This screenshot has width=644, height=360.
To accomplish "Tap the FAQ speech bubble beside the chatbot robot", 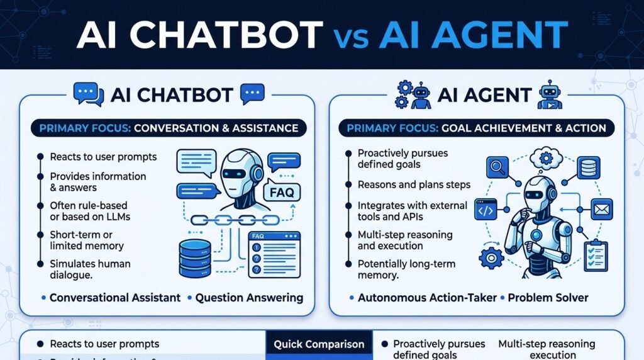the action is pyautogui.click(x=282, y=191).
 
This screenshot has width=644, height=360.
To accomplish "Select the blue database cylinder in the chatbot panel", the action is pyautogui.click(x=195, y=258).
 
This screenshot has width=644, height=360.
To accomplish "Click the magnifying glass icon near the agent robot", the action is pyautogui.click(x=497, y=167).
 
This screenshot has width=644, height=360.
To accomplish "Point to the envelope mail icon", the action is pyautogui.click(x=602, y=209).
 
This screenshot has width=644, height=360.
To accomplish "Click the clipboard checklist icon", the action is pyautogui.click(x=596, y=256).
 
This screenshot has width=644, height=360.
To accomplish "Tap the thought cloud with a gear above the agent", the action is pyautogui.click(x=546, y=158).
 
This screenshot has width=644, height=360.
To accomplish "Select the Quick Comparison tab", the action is pyautogui.click(x=319, y=344).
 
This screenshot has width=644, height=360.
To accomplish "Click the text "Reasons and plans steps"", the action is pyautogui.click(x=414, y=185).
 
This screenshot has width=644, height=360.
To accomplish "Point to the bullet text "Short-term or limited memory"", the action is pyautogui.click(x=87, y=240).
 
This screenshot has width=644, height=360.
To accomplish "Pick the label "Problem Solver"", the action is pyautogui.click(x=548, y=298).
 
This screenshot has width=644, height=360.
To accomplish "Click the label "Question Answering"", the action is pyautogui.click(x=249, y=298).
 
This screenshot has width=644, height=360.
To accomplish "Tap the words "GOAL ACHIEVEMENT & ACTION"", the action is pyautogui.click(x=524, y=128).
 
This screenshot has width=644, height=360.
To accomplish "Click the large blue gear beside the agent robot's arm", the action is pyautogui.click(x=491, y=257).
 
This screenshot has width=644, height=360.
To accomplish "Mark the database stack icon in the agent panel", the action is pyautogui.click(x=589, y=167).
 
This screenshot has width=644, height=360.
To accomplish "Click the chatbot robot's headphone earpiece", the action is pyautogui.click(x=257, y=174).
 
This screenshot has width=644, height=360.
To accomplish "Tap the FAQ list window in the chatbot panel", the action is pyautogui.click(x=274, y=255).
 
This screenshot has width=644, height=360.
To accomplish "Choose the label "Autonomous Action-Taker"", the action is pyautogui.click(x=427, y=298).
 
